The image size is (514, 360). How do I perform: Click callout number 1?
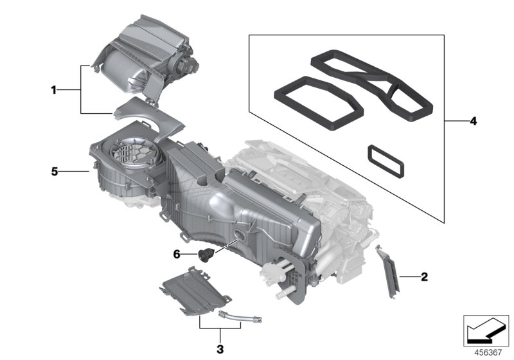tap(55, 91)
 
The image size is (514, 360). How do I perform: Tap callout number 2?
tap(423, 278)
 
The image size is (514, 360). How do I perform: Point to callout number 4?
tap(473, 121)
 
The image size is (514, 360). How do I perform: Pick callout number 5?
tap(55, 172)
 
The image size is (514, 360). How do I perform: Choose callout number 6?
tap(176, 255)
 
